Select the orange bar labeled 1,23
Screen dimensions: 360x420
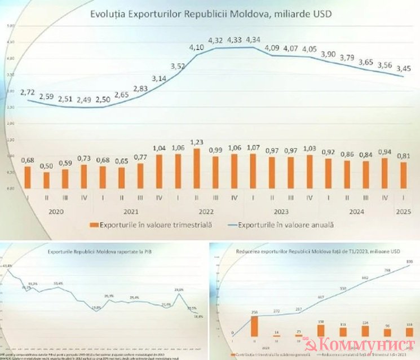pos(196,168)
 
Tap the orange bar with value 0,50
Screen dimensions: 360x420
pos(46,180)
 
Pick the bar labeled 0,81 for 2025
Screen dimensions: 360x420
pos(402,175)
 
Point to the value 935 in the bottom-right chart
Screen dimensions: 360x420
pos(409,261)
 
